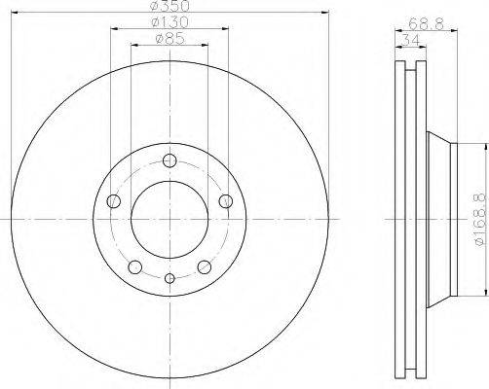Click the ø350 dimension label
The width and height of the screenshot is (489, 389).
170,6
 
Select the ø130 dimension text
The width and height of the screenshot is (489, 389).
169,22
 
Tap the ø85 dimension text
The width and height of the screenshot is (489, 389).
169,39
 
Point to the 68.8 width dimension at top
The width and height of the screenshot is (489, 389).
426,24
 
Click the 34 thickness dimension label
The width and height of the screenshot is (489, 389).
411,41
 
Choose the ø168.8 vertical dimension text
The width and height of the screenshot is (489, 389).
482,221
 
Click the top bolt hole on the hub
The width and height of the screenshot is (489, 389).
169,160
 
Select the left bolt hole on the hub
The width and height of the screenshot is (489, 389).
113,201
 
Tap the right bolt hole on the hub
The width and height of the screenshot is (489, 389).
226,201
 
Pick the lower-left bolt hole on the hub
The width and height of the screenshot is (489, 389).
135,266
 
